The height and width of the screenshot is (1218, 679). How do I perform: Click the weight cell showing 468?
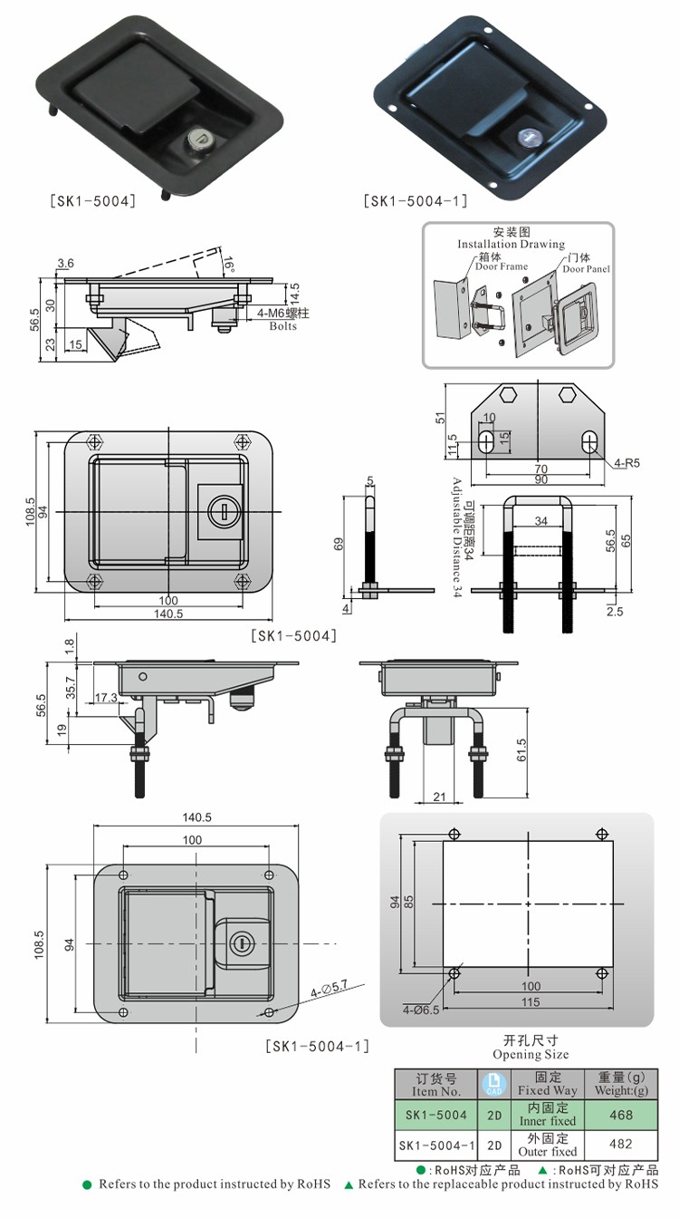pos(622,1115)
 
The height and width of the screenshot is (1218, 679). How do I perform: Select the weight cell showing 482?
pos(622,1145)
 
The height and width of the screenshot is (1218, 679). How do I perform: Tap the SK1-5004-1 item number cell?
pos(435,1145)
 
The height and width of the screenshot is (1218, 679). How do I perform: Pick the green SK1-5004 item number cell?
pos(436,1115)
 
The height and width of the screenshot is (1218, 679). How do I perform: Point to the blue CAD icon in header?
pos(494,1085)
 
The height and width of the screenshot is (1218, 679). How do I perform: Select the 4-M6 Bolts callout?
pos(282,319)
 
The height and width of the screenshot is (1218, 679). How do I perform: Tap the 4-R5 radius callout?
pos(626,463)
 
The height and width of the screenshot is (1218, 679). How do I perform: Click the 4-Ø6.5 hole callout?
pos(421,1010)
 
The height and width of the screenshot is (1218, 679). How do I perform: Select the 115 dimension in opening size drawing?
pos(530,1001)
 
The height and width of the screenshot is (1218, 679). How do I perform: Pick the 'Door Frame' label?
pos(501,266)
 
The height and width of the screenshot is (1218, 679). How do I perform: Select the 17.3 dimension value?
pos(106,698)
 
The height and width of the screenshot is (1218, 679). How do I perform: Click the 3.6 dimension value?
pos(65,263)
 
